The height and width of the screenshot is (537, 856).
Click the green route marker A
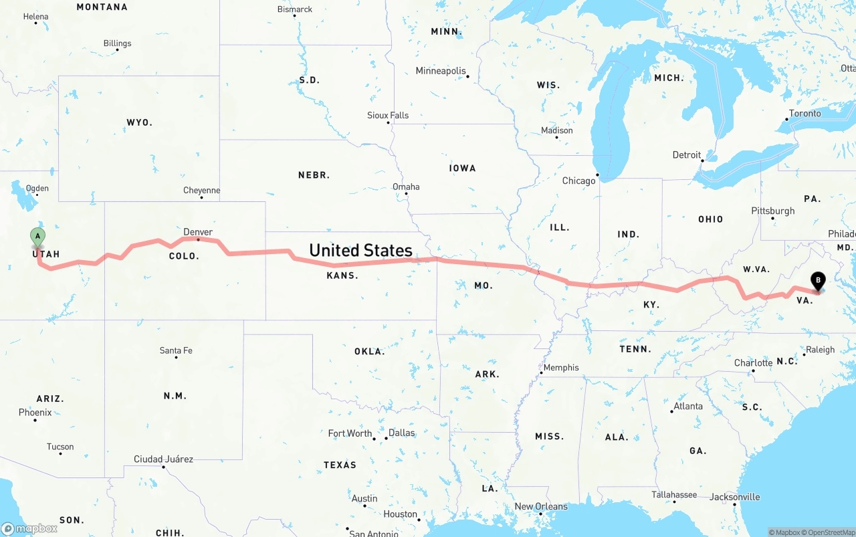coord(38,236)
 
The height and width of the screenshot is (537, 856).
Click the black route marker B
coord(817,282)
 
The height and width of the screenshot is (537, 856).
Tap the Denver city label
coord(198,232)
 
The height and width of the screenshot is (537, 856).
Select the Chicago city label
coord(578,181)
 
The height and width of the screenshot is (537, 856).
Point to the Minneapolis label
coord(440,71)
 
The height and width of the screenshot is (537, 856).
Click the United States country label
coord(360,250)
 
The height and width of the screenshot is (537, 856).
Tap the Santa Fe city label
coord(176,350)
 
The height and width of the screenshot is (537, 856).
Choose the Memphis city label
coord(561,367)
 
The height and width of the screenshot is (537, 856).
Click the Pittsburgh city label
coord(773,211)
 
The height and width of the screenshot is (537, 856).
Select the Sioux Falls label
coord(388,115)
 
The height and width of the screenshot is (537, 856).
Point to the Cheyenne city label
coord(201,191)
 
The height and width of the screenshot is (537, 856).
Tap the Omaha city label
coord(406,187)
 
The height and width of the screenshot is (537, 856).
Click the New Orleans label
coord(541,506)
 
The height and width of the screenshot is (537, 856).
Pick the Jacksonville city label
coord(734,497)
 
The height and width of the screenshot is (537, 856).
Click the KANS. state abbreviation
coord(342,276)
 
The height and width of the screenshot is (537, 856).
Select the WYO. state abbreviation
coord(139,122)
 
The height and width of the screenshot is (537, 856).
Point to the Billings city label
coord(117,43)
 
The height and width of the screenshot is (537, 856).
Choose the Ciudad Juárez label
coord(163,459)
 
